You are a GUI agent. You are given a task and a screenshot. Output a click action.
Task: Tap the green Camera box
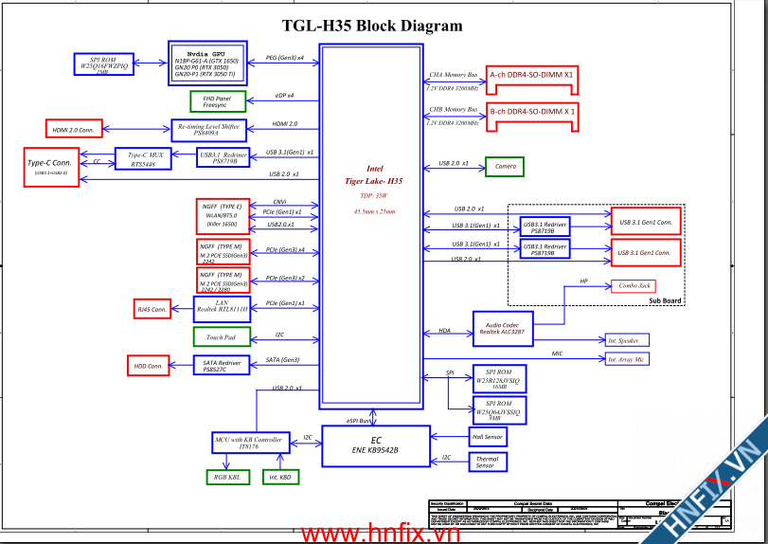coord(504,167)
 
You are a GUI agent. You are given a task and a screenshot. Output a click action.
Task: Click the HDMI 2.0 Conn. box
coord(74,128)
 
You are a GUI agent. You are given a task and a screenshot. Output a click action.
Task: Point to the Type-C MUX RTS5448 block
coord(143,158)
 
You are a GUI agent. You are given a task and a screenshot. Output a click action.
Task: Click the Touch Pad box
coord(221,336)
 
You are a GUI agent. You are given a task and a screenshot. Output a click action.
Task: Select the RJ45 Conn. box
coord(153,309)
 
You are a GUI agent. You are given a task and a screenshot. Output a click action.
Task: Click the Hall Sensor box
coord(488,436)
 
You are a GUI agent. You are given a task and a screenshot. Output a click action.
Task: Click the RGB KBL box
coord(227,477)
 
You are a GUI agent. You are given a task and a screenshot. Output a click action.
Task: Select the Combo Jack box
coord(633,285)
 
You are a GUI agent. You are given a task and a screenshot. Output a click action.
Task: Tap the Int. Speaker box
coord(629,339)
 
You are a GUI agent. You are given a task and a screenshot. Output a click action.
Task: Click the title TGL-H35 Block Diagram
coord(373,27)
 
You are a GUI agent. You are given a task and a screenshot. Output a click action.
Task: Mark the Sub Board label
coord(664,300)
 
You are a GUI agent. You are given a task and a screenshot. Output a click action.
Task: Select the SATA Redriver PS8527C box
coord(223,365)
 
